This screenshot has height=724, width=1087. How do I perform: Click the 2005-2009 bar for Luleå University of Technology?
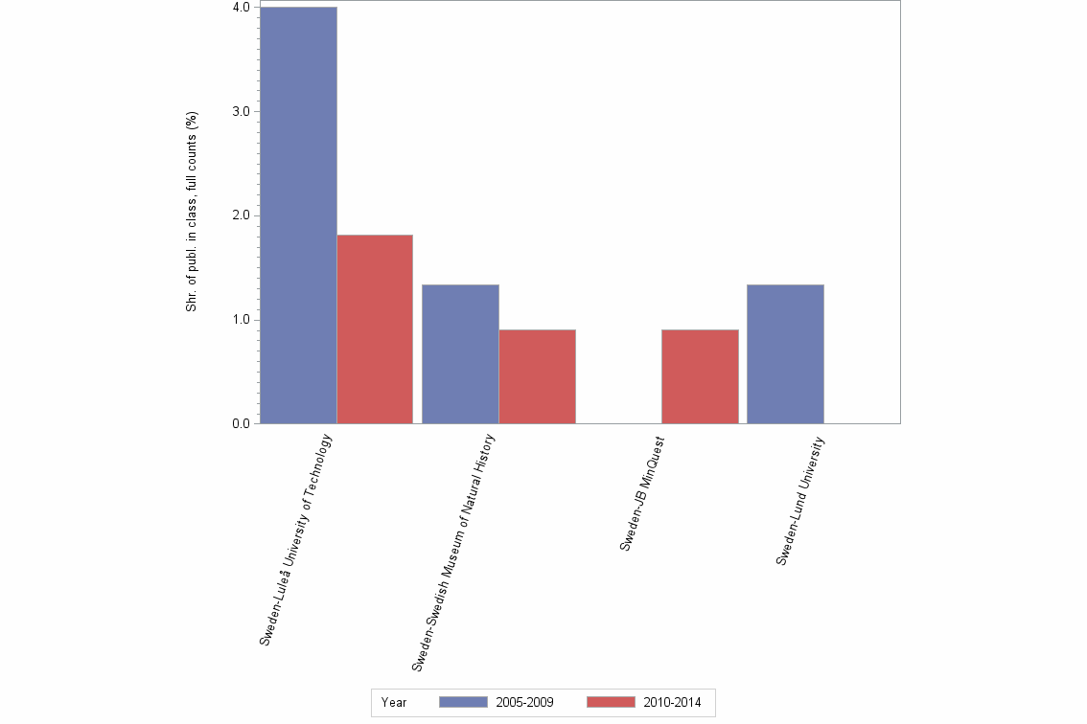pos(298,215)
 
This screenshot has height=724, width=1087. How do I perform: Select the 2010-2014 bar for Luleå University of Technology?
pos(375,328)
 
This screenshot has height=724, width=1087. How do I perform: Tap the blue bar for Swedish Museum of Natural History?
pos(460,353)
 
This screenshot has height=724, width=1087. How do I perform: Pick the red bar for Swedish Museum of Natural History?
pos(537,376)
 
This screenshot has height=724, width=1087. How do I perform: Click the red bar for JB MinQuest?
pos(700,376)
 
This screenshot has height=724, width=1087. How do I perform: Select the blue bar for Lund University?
pos(785,353)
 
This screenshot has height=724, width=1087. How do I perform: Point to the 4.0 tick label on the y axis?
pos(241,8)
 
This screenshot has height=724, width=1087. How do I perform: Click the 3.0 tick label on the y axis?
pos(241,111)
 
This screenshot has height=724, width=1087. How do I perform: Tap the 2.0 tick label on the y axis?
pos(241,215)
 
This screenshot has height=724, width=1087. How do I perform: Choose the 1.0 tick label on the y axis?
pos(241,319)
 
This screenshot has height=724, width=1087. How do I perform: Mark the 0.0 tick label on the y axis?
pos(241,423)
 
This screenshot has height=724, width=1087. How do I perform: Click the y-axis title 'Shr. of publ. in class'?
pos(192,212)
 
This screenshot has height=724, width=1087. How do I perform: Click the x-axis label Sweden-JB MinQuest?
pos(642,492)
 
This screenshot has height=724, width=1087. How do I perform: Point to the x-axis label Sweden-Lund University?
pos(800,500)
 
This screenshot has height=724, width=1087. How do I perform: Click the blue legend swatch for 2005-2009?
pos(463,702)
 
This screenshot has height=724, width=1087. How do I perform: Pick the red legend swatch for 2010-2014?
pos(610,702)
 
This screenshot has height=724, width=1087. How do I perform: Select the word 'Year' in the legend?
pos(394,702)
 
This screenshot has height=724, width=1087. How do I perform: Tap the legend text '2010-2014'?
pos(672,702)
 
